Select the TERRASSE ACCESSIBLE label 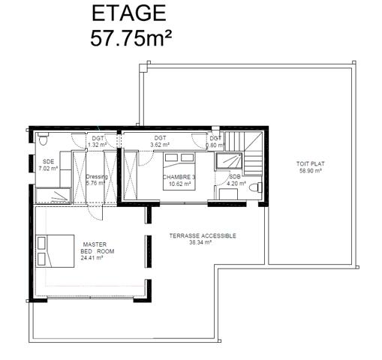202,235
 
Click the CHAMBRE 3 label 180,177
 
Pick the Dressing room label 98,177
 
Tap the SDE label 48,161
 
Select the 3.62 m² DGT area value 160,144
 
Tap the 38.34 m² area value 202,242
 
